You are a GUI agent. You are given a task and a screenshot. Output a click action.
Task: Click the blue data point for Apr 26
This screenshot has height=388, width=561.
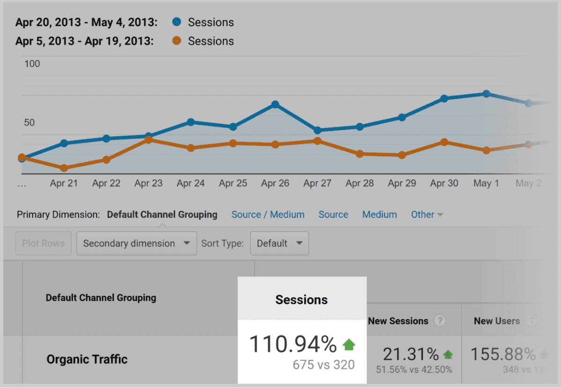click(275, 104)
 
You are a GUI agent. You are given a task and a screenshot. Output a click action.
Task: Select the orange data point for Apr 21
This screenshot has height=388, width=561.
click(64, 168)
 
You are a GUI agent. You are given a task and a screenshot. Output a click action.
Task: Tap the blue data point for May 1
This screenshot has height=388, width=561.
click(487, 94)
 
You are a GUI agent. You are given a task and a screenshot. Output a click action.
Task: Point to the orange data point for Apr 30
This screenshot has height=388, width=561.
click(444, 142)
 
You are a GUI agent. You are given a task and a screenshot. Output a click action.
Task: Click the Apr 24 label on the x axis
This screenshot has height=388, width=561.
click(191, 183)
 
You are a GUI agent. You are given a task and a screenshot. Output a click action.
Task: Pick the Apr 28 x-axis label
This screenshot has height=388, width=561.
click(360, 183)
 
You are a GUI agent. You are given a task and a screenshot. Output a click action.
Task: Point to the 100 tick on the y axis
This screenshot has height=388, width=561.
click(32, 64)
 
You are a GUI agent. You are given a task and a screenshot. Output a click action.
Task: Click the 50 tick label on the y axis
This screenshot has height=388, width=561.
click(30, 122)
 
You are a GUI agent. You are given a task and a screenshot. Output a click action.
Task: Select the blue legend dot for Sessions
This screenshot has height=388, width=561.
click(177, 22)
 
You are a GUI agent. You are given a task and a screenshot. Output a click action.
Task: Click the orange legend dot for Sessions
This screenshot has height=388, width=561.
click(177, 41)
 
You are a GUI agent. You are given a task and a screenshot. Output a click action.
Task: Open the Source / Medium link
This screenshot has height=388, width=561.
click(268, 215)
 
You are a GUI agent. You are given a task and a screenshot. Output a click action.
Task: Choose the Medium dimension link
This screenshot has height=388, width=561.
click(379, 215)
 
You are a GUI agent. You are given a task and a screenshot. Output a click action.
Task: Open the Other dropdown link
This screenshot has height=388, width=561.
click(427, 215)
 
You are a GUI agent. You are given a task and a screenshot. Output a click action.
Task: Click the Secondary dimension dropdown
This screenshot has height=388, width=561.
click(136, 244)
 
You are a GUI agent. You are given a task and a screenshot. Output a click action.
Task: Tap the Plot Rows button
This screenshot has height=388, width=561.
click(44, 244)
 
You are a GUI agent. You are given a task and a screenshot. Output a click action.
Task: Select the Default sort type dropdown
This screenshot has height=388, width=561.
click(280, 244)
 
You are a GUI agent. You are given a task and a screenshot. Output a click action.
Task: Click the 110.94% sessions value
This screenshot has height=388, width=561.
click(293, 345)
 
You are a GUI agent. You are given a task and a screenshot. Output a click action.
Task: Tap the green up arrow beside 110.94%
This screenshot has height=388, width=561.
click(349, 345)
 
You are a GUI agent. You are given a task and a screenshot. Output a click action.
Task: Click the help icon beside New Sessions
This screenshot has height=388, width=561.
click(439, 321)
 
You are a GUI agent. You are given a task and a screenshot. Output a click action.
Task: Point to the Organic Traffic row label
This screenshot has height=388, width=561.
click(87, 359)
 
